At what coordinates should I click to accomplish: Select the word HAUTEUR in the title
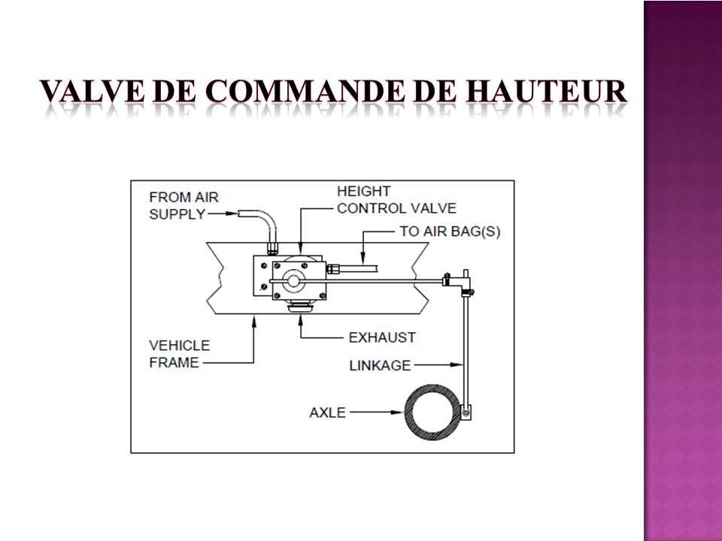pyautogui.click(x=546, y=91)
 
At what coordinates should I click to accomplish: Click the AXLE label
pyautogui.click(x=327, y=413)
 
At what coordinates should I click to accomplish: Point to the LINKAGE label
pyautogui.click(x=380, y=365)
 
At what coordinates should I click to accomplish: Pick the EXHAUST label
pyautogui.click(x=382, y=337)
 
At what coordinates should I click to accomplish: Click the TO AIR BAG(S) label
pyautogui.click(x=450, y=231)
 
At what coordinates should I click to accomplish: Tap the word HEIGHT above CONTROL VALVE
pyautogui.click(x=364, y=191)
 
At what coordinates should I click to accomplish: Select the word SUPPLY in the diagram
pyautogui.click(x=177, y=214)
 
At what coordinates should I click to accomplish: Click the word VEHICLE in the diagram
pyautogui.click(x=180, y=346)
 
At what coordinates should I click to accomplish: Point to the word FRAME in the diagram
pyautogui.click(x=174, y=362)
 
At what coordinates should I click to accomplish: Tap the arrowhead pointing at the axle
pyautogui.click(x=397, y=413)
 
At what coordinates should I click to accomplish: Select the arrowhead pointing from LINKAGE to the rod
pyautogui.click(x=457, y=365)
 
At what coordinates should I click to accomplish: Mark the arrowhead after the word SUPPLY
pyautogui.click(x=232, y=213)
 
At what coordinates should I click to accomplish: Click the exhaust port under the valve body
pyautogui.click(x=300, y=306)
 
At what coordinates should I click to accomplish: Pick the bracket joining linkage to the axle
pyautogui.click(x=466, y=411)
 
